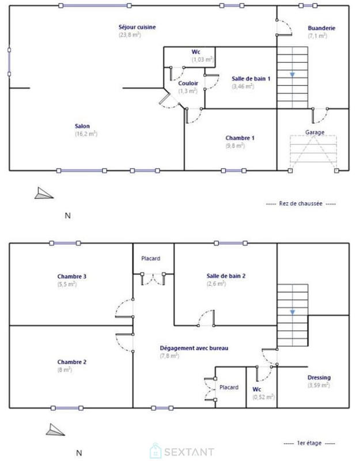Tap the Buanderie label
pyautogui.click(x=317, y=28)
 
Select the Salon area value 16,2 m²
pyautogui.click(x=85, y=134)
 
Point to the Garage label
pyautogui.click(x=314, y=132)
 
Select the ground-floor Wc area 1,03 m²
pyautogui.click(x=202, y=59)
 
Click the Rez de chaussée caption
pyautogui.click(x=302, y=203)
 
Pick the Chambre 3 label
pyautogui.click(x=72, y=277)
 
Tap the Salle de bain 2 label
pyautogui.click(x=226, y=276)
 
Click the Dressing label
pyautogui.click(x=319, y=377)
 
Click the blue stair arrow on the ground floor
pyautogui.click(x=292, y=74)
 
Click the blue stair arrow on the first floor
pyautogui.click(x=292, y=312)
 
